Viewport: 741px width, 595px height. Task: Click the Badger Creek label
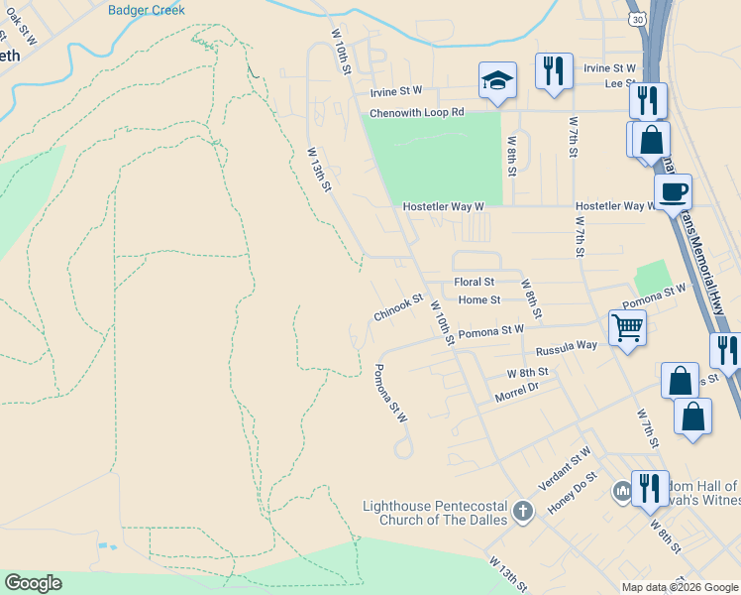147,10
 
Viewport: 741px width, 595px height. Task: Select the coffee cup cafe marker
673,190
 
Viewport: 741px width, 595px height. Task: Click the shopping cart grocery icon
626,325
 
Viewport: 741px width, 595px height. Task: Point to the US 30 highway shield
637,19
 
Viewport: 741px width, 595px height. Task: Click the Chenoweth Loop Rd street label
417,113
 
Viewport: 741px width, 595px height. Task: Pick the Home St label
479,299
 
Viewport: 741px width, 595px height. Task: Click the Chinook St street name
398,306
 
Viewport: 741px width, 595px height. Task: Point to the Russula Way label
566,348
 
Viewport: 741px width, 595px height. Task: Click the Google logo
33,583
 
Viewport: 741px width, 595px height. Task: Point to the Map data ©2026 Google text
679,587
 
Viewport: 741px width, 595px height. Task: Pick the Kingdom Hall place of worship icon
622,491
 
